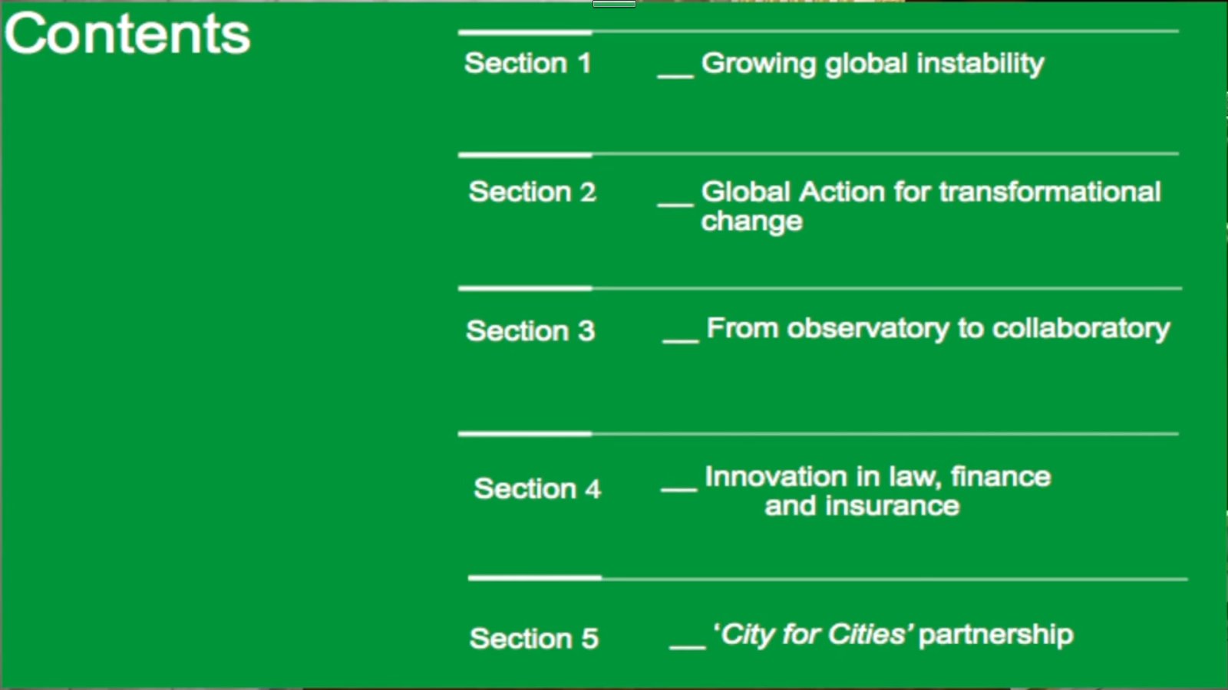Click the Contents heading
pos(127,34)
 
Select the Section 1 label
pos(528,63)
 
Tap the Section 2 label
pos(533,192)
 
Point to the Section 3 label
pos(530,330)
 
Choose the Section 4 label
pos(537,488)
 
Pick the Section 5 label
pos(534,638)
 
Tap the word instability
pos(980,64)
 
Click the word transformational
pos(1050,192)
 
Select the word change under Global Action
pos(751,222)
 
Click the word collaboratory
pos(1081,329)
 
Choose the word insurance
pos(892,505)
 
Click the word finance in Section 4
pos(1001,476)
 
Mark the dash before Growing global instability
pos(675,77)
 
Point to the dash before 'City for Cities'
pos(688,648)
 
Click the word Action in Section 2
pos(842,192)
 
